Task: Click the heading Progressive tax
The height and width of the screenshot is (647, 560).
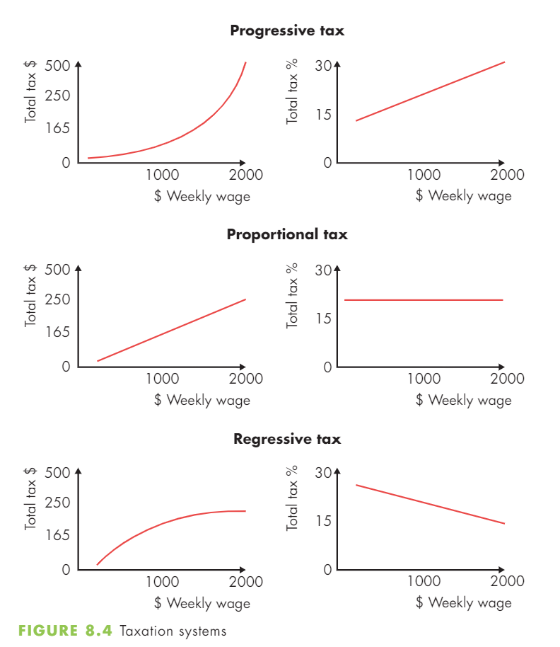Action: click(287, 30)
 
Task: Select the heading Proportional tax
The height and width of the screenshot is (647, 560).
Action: click(287, 234)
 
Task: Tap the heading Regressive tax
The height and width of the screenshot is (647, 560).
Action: click(287, 439)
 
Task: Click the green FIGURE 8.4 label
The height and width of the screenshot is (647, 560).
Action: click(65, 631)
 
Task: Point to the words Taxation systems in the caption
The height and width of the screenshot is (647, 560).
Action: click(173, 631)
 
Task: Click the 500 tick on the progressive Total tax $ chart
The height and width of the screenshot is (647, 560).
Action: click(57, 66)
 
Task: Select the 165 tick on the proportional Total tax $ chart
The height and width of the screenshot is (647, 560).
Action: click(57, 332)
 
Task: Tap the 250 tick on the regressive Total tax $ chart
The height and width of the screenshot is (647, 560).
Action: click(57, 502)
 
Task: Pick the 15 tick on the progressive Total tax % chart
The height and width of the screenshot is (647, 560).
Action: click(323, 115)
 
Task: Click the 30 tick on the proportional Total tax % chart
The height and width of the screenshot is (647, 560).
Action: click(323, 270)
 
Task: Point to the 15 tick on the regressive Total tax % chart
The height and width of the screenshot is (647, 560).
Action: click(323, 521)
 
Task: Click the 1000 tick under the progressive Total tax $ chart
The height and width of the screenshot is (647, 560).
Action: click(163, 175)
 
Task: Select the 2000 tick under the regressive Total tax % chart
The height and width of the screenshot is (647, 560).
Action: click(507, 581)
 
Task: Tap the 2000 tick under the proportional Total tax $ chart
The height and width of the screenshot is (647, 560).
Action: click(245, 379)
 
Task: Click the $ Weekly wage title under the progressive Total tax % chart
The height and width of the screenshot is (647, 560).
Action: click(464, 195)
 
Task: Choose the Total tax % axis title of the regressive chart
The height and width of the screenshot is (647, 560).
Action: click(292, 498)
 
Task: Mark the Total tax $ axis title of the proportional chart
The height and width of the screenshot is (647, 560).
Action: click(30, 295)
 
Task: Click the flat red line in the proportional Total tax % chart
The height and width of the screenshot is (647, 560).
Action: click(424, 300)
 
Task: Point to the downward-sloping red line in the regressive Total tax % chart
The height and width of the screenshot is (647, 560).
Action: click(430, 504)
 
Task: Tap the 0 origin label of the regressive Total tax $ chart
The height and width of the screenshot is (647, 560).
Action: click(66, 569)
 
